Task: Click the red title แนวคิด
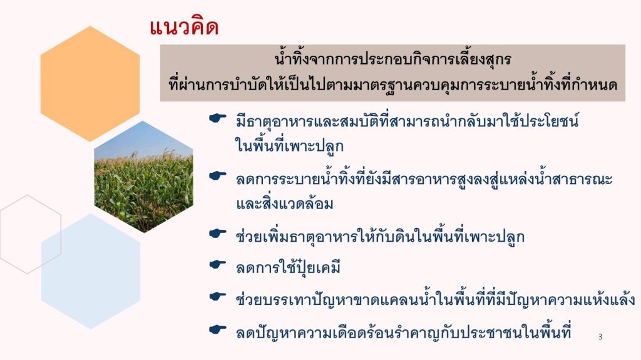(x=184, y=28)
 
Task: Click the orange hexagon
(x=90, y=84)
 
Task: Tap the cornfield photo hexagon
(x=143, y=177)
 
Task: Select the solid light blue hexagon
(x=91, y=271)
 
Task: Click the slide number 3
(x=600, y=337)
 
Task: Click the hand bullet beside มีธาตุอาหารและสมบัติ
(x=217, y=118)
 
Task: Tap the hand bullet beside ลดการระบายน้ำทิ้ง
(x=217, y=176)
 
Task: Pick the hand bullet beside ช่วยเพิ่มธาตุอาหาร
(x=217, y=234)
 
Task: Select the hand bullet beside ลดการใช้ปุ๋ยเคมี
(x=217, y=265)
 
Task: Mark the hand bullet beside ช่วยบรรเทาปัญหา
(x=217, y=296)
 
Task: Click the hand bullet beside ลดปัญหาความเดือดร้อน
(x=217, y=329)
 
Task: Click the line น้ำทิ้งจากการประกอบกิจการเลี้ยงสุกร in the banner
(x=393, y=59)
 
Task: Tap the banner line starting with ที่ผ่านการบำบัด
(x=393, y=85)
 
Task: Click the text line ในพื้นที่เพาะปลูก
(x=289, y=147)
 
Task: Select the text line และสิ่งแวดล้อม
(x=285, y=203)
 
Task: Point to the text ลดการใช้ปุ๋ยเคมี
(x=288, y=267)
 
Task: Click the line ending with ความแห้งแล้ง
(x=436, y=299)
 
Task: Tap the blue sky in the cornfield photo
(x=143, y=141)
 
